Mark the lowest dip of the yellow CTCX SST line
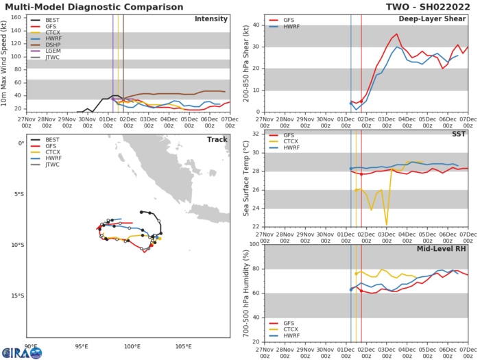386,224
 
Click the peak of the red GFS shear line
396,34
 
